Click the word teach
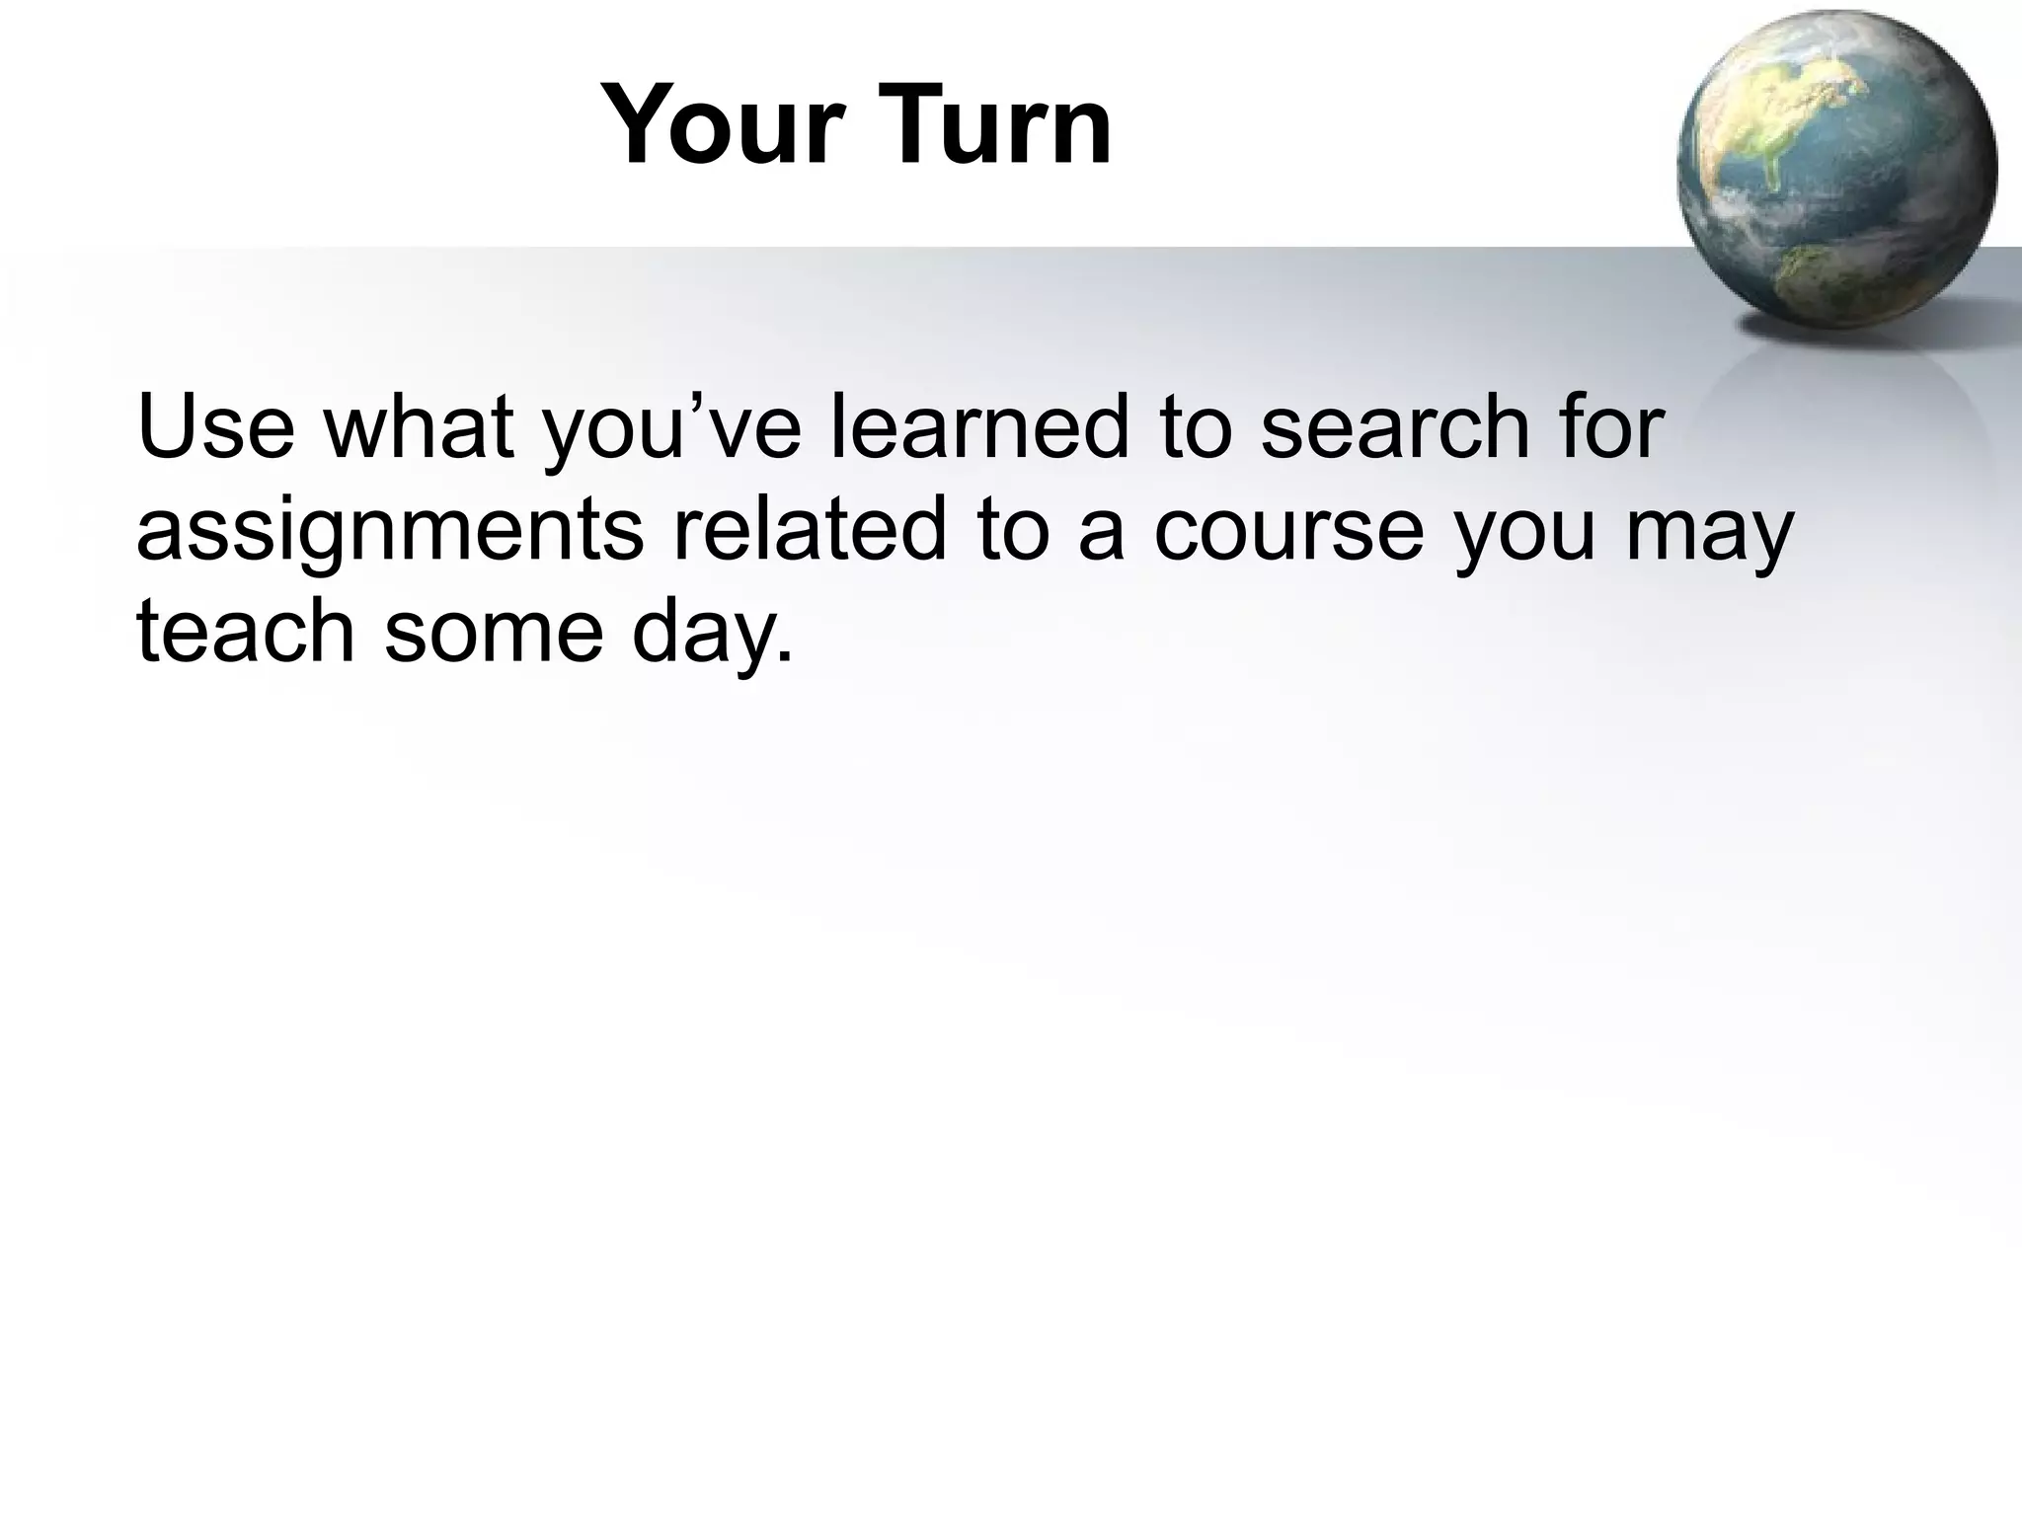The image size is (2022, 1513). tap(245, 632)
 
